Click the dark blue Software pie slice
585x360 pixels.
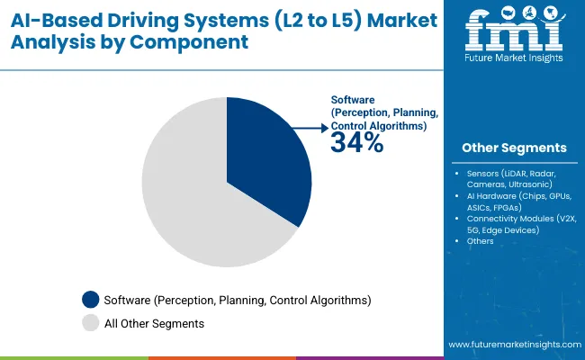click(x=270, y=157)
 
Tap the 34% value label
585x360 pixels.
click(x=356, y=143)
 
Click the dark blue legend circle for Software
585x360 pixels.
click(x=91, y=299)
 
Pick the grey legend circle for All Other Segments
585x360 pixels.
click(x=91, y=322)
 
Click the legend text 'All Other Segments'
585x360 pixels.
click(x=154, y=322)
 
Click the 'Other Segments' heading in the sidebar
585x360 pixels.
click(x=514, y=148)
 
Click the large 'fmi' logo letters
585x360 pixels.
click(x=514, y=33)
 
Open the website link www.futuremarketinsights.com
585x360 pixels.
click(x=512, y=345)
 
